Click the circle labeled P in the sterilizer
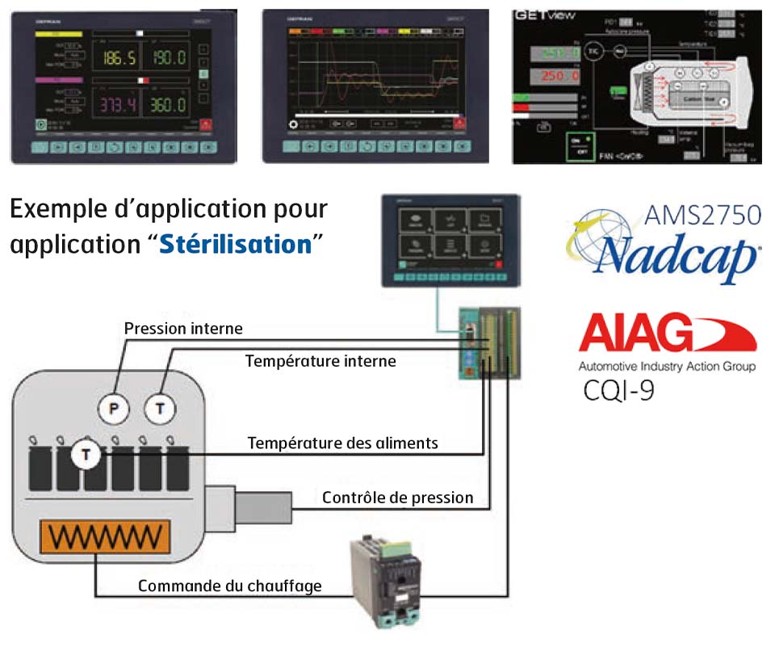pyautogui.click(x=115, y=409)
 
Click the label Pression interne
pyautogui.click(x=183, y=329)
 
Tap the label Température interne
pyautogui.click(x=320, y=361)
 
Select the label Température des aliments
pyautogui.click(x=343, y=443)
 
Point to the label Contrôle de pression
pyautogui.click(x=397, y=498)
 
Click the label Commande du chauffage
pyautogui.click(x=229, y=586)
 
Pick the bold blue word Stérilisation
pyautogui.click(x=235, y=244)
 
